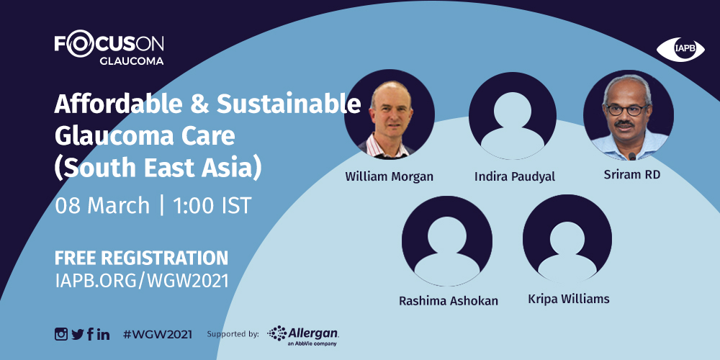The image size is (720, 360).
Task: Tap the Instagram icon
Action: coord(61,334)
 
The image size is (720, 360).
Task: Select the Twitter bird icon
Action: coord(78,334)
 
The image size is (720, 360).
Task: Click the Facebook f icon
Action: coord(90,334)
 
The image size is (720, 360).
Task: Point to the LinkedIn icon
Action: coord(103,334)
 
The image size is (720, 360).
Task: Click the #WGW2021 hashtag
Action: coord(158,334)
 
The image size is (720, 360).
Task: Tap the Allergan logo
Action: coord(303,336)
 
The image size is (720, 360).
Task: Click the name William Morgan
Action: coord(389,176)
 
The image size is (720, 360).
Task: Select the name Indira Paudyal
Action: coord(514,177)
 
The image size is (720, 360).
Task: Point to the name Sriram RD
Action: coord(632,174)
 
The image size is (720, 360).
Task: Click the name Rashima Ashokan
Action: coord(448,301)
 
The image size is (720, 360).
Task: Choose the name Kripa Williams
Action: coord(569,299)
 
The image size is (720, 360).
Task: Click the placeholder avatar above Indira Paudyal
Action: coord(513,115)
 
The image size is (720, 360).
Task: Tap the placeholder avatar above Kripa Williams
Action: coord(567,239)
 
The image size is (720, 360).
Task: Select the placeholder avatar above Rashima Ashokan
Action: coord(447,240)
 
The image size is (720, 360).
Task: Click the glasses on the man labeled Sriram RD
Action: coord(627,110)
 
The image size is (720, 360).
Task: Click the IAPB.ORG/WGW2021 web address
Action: coord(141,281)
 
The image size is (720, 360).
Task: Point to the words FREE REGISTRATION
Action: coord(141,258)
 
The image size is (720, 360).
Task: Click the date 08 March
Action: coord(102,206)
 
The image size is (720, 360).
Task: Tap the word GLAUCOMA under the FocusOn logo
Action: coord(131,61)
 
